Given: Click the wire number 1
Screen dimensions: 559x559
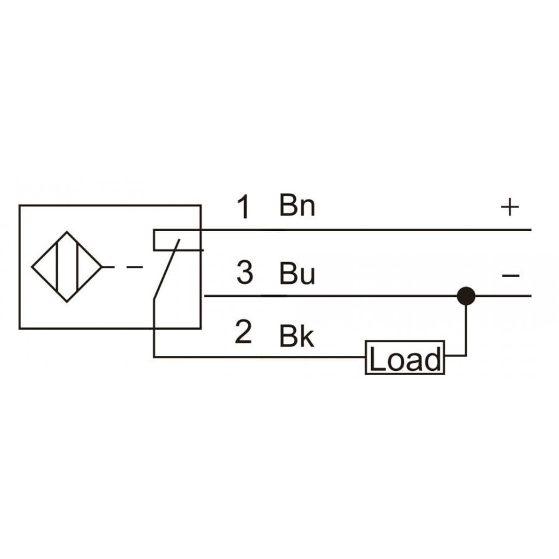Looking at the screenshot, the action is (x=244, y=207).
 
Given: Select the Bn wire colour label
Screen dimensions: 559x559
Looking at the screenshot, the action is (x=297, y=206).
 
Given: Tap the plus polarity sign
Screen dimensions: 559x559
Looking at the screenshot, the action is (x=510, y=207).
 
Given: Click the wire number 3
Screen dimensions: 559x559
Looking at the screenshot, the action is (x=245, y=273).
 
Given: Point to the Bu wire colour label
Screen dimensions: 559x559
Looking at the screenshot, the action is (x=297, y=273).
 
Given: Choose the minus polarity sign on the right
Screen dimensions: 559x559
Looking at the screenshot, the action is (x=511, y=275).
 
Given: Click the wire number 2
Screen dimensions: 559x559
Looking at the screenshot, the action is (x=243, y=332).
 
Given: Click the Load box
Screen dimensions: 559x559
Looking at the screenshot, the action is (x=405, y=358).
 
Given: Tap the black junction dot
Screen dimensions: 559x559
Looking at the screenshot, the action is (x=466, y=296).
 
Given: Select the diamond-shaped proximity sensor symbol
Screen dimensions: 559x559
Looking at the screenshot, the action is (x=66, y=266).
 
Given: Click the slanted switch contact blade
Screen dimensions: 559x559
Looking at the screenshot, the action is (x=166, y=269).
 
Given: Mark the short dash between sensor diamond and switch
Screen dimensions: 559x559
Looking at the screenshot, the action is (x=135, y=266).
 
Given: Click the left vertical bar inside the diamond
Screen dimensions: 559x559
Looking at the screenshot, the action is (x=57, y=266).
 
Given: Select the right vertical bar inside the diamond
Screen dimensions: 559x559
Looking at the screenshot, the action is (x=77, y=266).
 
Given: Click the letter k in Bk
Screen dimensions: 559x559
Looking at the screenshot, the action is (x=307, y=335).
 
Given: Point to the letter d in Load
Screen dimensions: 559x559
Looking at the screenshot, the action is (x=433, y=358).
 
